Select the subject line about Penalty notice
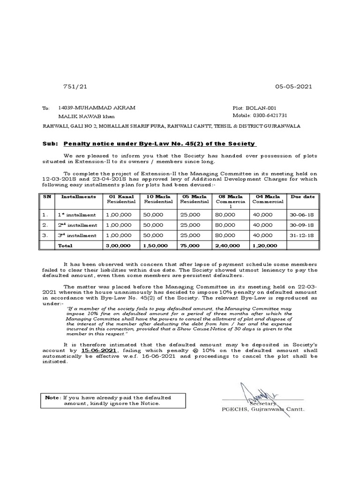[159, 143]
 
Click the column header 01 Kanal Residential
[121, 199]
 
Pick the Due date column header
[302, 197]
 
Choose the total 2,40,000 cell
[228, 245]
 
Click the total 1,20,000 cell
[264, 245]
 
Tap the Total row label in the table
[65, 245]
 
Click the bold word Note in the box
[52, 397]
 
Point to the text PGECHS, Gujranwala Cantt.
[263, 409]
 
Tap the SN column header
[47, 197]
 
